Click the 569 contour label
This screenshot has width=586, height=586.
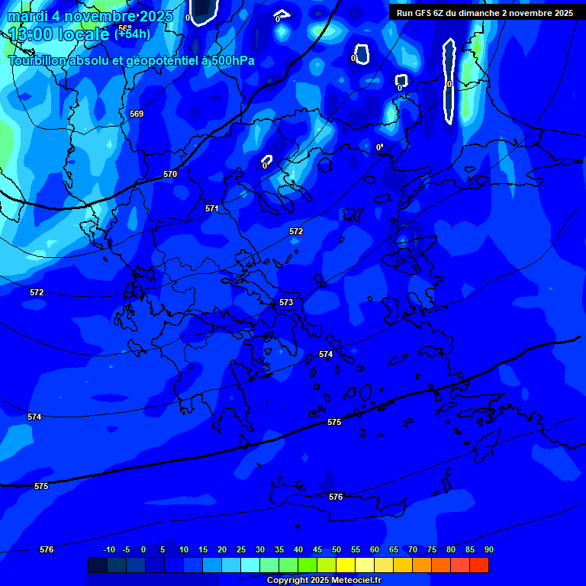coord(137,114)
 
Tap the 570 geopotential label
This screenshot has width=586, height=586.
coord(170,175)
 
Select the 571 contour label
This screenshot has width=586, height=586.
coord(212,208)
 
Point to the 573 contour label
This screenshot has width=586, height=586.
coord(286,303)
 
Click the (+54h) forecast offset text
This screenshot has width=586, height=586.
coord(132,34)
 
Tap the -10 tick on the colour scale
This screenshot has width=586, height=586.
coord(109,549)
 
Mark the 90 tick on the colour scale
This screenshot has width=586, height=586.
coord(488,549)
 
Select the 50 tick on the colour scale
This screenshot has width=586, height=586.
coord(336,549)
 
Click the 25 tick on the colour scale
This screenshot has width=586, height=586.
coord(241,549)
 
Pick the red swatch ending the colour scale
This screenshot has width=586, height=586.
coord(479,565)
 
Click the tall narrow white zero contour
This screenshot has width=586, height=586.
coord(449,80)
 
